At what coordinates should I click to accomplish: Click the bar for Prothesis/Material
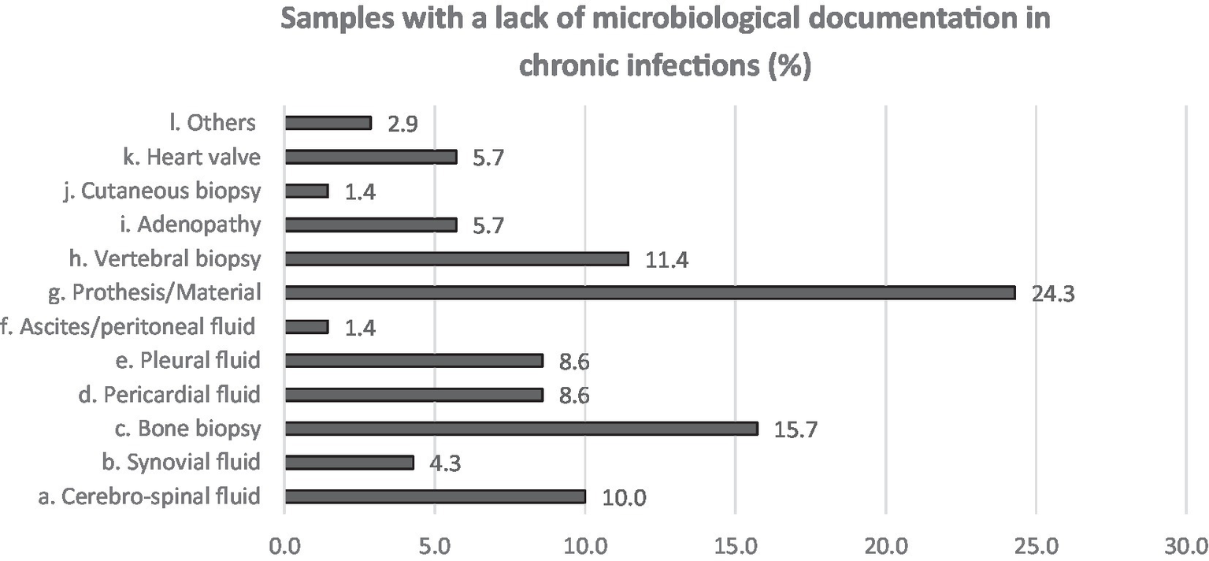click(x=650, y=293)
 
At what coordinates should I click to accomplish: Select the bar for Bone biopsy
click(x=521, y=429)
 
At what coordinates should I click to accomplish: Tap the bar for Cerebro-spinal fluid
click(x=435, y=496)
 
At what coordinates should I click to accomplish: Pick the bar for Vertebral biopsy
click(x=457, y=259)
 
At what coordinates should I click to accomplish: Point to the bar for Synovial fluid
click(x=349, y=463)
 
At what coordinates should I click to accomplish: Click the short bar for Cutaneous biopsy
click(x=306, y=191)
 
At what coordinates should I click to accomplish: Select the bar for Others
click(x=328, y=123)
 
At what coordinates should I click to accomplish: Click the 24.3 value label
click(x=1053, y=294)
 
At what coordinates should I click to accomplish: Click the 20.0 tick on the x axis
click(x=885, y=545)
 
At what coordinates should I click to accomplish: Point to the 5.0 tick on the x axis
click(x=435, y=545)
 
